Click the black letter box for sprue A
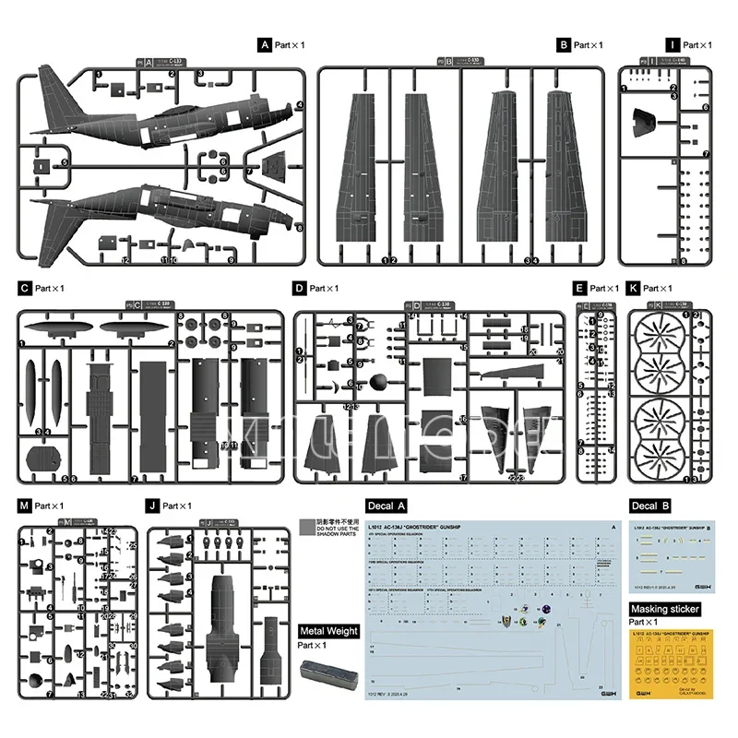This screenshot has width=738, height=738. [265, 44]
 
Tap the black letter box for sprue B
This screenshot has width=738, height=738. [564, 44]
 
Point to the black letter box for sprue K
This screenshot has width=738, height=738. [632, 289]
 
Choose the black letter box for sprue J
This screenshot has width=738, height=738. [152, 506]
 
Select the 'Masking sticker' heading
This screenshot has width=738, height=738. [663, 609]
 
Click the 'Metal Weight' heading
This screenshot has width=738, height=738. [327, 631]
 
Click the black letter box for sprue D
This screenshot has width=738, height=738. [300, 289]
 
